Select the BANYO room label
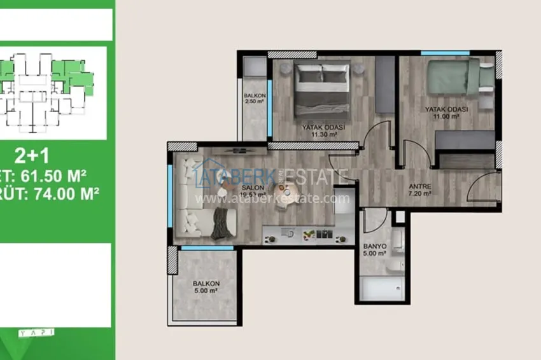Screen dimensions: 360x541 (x=376, y=249)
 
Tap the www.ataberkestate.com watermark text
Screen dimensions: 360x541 (x=272, y=198)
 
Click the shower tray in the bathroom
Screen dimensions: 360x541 (x=380, y=288)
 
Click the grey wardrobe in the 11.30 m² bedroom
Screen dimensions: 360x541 (x=384, y=86)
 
